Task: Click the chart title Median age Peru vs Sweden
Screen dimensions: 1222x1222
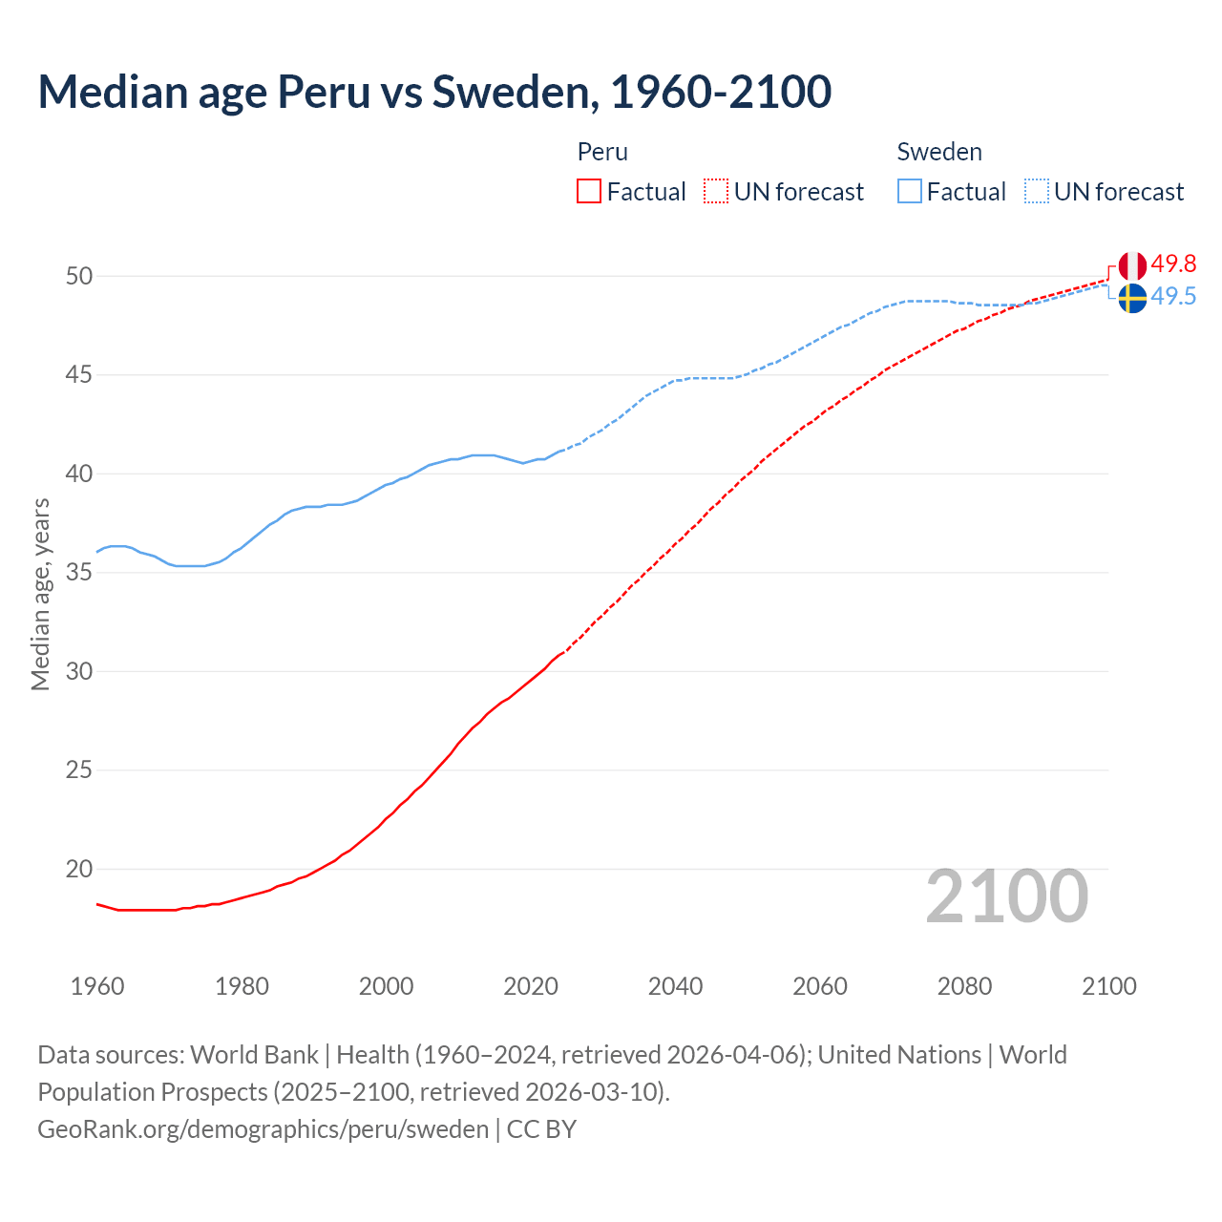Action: [x=434, y=92]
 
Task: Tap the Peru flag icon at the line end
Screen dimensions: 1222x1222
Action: [x=1132, y=265]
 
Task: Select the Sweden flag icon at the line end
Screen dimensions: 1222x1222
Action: [x=1132, y=298]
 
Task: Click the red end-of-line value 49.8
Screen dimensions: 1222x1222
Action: [x=1173, y=263]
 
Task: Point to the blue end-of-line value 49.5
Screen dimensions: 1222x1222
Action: [x=1173, y=297]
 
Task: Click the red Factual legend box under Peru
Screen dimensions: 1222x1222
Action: [x=589, y=192]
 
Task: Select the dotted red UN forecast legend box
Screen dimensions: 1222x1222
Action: [x=716, y=192]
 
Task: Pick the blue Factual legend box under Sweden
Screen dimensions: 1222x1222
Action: [x=910, y=192]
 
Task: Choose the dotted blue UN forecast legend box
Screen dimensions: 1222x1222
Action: [x=1037, y=192]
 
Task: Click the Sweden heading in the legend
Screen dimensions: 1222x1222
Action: [x=939, y=152]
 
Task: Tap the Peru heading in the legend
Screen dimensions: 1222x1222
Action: [x=602, y=152]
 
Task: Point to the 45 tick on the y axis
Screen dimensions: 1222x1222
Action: [x=79, y=375]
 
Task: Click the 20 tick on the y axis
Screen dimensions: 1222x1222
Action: [x=79, y=869]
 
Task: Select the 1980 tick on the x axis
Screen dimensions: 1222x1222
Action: [x=242, y=986]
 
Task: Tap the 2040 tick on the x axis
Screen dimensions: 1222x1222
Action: [x=675, y=986]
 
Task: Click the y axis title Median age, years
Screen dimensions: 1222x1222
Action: [x=40, y=594]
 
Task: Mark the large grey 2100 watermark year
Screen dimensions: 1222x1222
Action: [x=1007, y=895]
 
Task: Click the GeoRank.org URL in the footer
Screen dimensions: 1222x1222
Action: [x=263, y=1129]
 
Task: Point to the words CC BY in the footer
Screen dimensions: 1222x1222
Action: [x=541, y=1129]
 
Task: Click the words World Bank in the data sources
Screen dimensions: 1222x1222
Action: [x=254, y=1055]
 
